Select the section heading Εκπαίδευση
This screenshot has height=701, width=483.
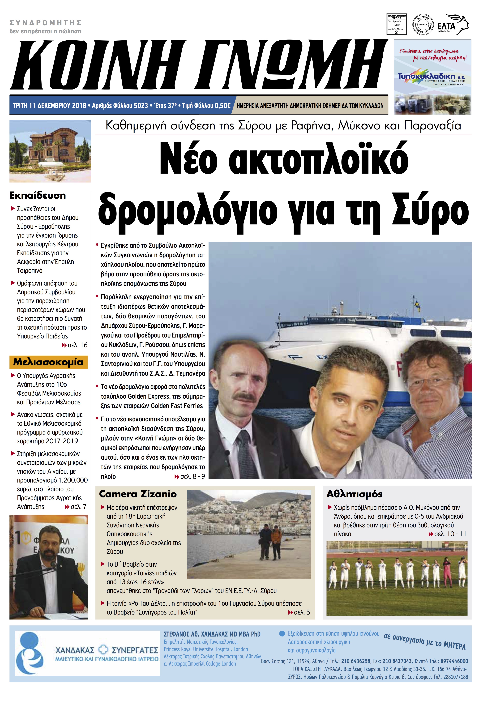(38, 195)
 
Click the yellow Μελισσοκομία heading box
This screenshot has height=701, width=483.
(48, 362)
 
